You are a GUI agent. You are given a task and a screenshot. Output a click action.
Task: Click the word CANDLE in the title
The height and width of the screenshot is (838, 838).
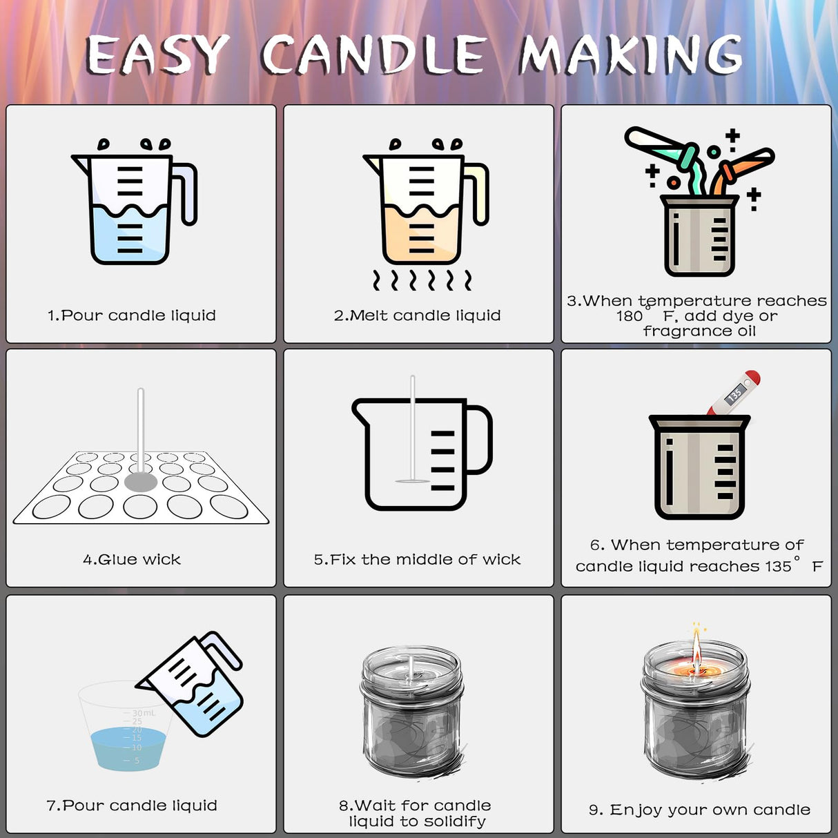[x=373, y=55]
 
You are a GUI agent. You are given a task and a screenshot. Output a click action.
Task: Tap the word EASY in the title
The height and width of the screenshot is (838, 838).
[x=157, y=55]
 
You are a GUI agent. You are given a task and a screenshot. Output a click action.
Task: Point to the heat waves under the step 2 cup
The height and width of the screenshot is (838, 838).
[x=422, y=280]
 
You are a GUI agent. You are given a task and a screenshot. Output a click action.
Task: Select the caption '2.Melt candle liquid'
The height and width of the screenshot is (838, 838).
[x=417, y=315]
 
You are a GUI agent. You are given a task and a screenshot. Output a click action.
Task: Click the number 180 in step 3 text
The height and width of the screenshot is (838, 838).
[x=629, y=316]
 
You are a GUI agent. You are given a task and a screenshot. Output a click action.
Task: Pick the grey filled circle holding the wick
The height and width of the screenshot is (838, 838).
[x=141, y=482]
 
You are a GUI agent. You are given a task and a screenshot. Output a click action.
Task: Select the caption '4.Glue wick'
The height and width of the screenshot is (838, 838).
[x=132, y=559]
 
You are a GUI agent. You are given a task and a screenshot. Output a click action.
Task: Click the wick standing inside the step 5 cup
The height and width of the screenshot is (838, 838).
[x=413, y=428]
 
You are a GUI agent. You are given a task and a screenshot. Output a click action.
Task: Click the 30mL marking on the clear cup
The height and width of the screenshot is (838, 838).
[x=144, y=713]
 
